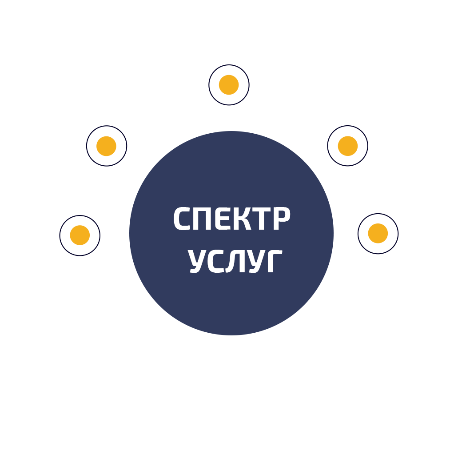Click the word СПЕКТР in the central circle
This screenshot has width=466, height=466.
[x=231, y=219]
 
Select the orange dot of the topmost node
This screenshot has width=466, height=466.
[x=229, y=85]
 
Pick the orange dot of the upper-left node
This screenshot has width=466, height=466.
[x=107, y=146]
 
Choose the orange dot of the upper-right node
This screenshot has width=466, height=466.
[x=348, y=146]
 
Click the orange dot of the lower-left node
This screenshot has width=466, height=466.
[x=80, y=235]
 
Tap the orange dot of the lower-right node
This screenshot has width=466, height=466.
[x=378, y=233]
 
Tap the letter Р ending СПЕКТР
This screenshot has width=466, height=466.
[x=281, y=219]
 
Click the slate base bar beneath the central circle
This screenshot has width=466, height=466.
[x=231, y=329]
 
